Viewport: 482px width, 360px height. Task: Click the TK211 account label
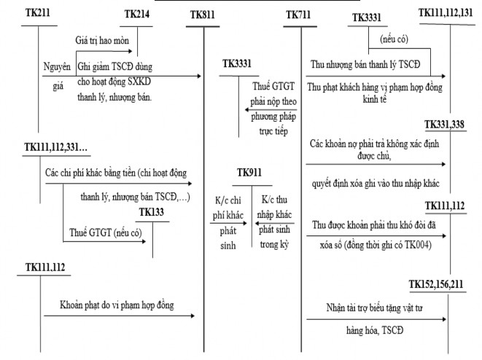coord(37,15)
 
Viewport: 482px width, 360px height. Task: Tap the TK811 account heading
coord(203,15)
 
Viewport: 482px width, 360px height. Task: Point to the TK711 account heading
coord(299,15)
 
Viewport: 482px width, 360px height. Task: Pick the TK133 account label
coord(153,211)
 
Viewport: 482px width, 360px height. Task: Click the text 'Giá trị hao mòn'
coord(101,42)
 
